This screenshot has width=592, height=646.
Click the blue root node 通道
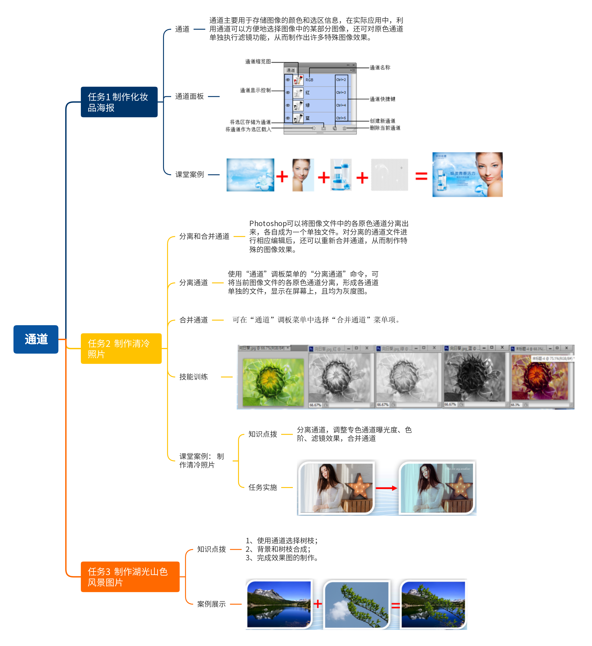pos(36,339)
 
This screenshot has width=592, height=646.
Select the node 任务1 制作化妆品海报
pos(119,102)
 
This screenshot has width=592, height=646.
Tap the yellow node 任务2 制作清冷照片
pos(121,348)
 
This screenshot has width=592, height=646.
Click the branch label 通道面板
pos(189,96)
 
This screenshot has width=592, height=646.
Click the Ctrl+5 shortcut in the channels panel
pos(341,118)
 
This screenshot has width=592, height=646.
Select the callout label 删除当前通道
pos(385,128)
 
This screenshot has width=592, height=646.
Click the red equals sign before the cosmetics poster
pos(421,176)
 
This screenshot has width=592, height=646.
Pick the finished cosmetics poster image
pos(467,175)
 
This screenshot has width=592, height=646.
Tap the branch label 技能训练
pos(194,377)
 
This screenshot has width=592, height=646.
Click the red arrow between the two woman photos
pos(386,488)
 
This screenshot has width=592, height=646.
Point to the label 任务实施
pos(263,488)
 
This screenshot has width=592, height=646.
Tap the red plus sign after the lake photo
pos(318,604)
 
